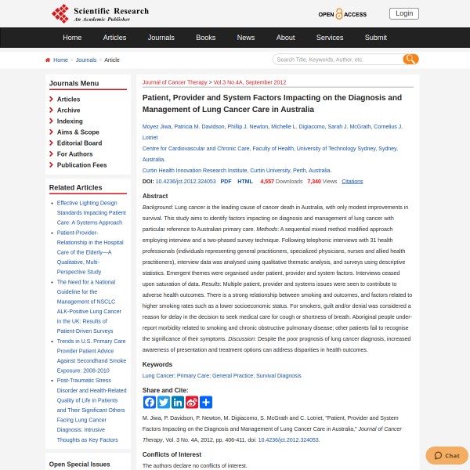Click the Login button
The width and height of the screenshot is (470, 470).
pyautogui.click(x=403, y=13)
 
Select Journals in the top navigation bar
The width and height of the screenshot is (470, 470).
pyautogui.click(x=161, y=37)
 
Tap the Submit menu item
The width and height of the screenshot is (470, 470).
pyautogui.click(x=375, y=37)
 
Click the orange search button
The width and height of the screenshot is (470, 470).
pyautogui.click(x=410, y=60)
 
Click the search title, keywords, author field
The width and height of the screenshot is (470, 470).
pyautogui.click(x=337, y=60)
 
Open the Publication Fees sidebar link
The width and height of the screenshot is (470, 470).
pyautogui.click(x=81, y=165)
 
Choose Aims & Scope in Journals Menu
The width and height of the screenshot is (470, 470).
pyautogui.click(x=78, y=132)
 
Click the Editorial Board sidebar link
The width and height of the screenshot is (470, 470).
pyautogui.click(x=79, y=143)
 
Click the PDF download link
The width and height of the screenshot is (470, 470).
pyautogui.click(x=226, y=181)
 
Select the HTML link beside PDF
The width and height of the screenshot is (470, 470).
pyautogui.click(x=245, y=181)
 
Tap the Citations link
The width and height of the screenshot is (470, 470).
pyautogui.click(x=352, y=181)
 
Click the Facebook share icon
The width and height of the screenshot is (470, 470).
pyautogui.click(x=150, y=402)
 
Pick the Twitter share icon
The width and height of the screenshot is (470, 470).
pyautogui.click(x=164, y=402)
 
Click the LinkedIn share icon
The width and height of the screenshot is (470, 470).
pyautogui.click(x=178, y=402)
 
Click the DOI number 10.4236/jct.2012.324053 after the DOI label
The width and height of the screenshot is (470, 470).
pyautogui.click(x=185, y=181)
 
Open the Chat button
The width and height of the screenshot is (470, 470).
pyautogui.click(x=446, y=455)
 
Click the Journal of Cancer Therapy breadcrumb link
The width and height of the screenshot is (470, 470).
pyautogui.click(x=175, y=82)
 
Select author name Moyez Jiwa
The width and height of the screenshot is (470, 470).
pyautogui.click(x=156, y=126)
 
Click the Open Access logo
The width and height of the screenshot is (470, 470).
pyautogui.click(x=342, y=14)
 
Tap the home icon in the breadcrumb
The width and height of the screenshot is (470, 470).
pyautogui.click(x=48, y=60)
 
